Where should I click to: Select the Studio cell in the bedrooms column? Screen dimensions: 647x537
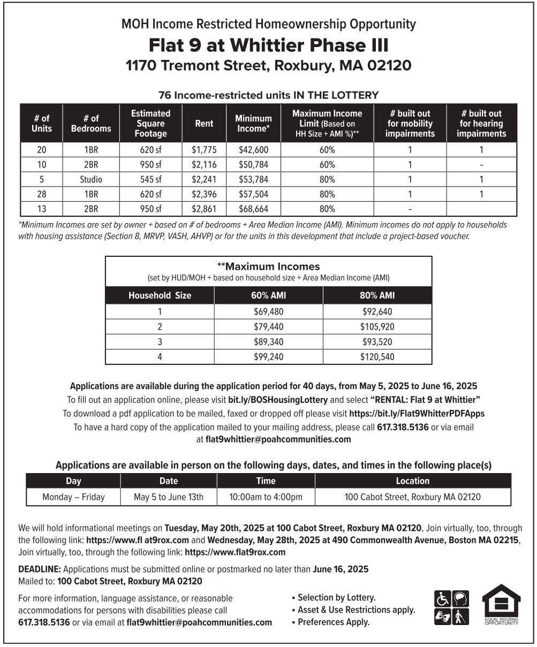[x=91, y=180]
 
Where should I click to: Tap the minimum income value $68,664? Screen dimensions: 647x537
[x=253, y=209]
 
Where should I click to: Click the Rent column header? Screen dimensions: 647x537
[x=204, y=124]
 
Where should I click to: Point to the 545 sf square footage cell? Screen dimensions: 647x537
[x=150, y=180]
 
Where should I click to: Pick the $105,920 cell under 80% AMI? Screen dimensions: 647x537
[x=377, y=326]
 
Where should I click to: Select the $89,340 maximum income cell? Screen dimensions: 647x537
[x=268, y=341]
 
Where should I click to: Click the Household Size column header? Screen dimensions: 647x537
[x=160, y=295]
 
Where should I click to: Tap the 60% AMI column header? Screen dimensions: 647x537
[x=268, y=295]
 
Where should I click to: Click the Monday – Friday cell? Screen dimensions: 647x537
[x=73, y=497]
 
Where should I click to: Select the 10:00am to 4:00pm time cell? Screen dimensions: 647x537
[x=266, y=497]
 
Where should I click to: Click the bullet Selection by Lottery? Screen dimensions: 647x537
[x=336, y=598]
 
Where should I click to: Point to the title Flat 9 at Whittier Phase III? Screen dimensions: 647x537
[x=268, y=44]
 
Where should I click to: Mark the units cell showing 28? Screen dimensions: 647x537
[x=41, y=194]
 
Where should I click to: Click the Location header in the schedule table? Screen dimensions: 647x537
[x=412, y=481]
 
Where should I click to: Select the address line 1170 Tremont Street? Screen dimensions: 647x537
[x=268, y=66]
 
